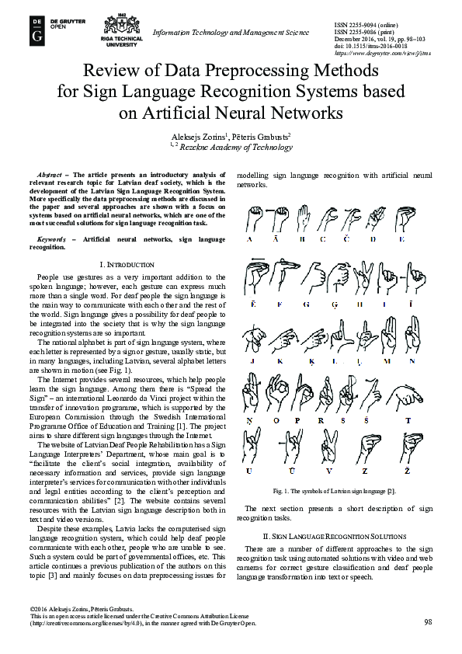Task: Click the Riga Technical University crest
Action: tap(120, 24)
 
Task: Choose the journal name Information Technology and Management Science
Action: tap(231, 32)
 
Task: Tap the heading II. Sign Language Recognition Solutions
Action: tap(334, 537)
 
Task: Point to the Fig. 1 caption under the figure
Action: tap(334, 491)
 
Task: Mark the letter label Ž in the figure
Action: tap(406, 472)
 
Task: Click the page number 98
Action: tap(428, 622)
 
